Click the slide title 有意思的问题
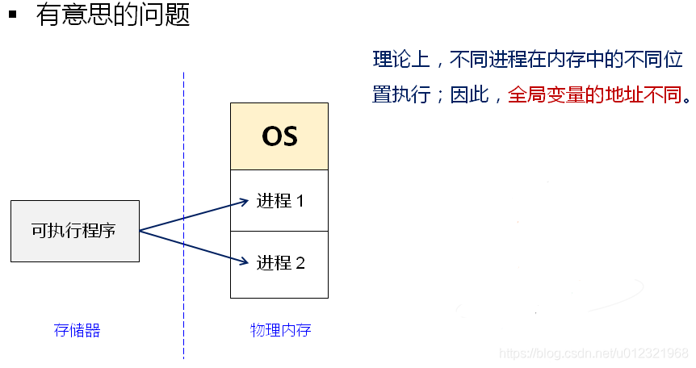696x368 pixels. click(x=113, y=15)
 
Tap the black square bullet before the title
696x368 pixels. click(x=13, y=13)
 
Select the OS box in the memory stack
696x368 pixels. click(x=279, y=136)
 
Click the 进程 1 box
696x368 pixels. click(x=279, y=201)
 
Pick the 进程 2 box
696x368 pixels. click(x=279, y=263)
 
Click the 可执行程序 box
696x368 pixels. click(x=74, y=231)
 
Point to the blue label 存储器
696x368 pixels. click(x=77, y=330)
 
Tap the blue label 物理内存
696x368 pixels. click(x=280, y=330)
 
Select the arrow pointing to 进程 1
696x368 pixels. click(x=194, y=215)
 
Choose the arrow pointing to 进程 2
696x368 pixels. click(x=194, y=246)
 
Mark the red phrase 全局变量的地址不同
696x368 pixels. click(x=594, y=95)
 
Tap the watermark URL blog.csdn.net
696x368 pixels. click(x=593, y=353)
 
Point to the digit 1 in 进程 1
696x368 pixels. click(x=300, y=201)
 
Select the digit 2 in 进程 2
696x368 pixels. click(x=300, y=263)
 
